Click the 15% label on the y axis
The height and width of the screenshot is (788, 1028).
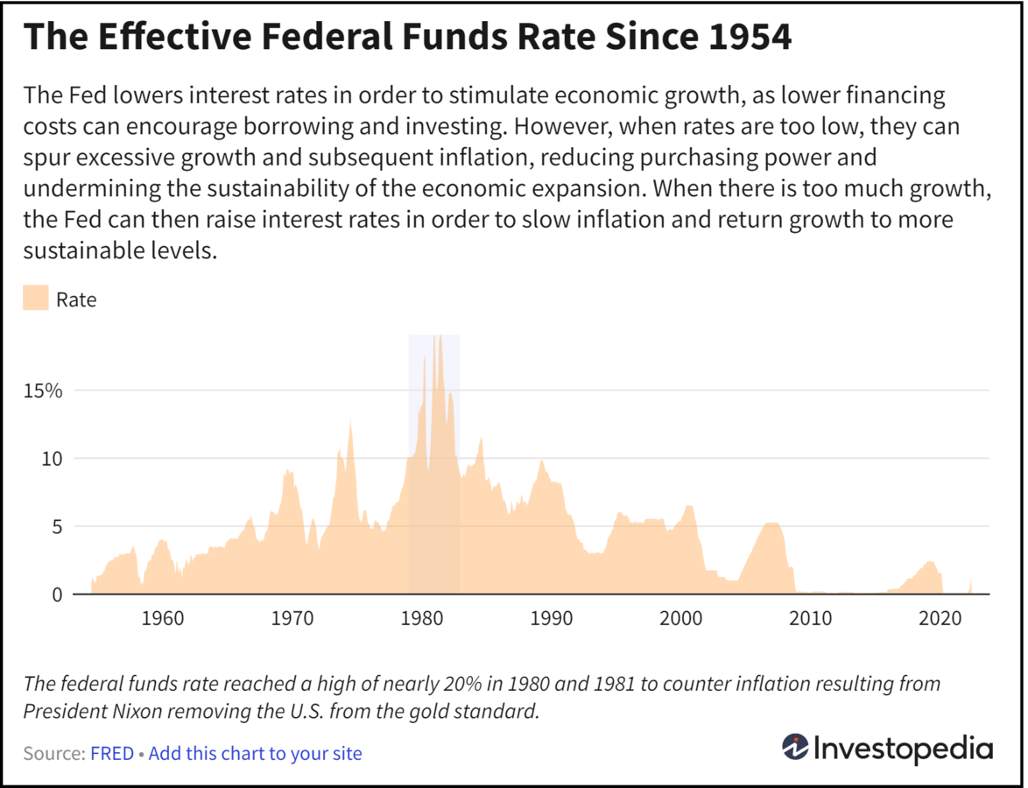pos(43,390)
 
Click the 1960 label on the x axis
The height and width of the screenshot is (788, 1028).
pos(162,619)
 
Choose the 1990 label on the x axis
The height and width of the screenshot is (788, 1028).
pos(552,619)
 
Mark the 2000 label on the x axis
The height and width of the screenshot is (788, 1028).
pos(681,619)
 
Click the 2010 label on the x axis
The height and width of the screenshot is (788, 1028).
pos(811,619)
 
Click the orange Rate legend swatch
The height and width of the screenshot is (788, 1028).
pos(36,299)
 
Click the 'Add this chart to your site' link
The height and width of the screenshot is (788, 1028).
pos(255,753)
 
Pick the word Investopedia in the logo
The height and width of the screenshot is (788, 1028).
pos(904,749)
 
